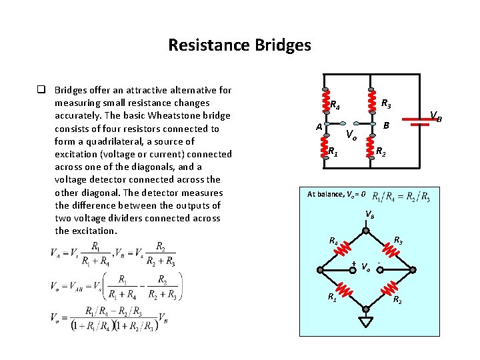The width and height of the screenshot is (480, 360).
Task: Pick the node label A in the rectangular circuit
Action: click(x=319, y=127)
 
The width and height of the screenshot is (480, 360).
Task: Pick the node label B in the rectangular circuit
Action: click(x=386, y=125)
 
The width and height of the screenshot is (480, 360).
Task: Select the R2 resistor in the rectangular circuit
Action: click(x=370, y=148)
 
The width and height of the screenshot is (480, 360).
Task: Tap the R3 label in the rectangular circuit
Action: click(x=386, y=104)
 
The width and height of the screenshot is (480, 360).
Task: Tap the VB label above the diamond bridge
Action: click(x=369, y=215)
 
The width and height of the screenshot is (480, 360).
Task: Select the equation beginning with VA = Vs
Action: click(x=114, y=255)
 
